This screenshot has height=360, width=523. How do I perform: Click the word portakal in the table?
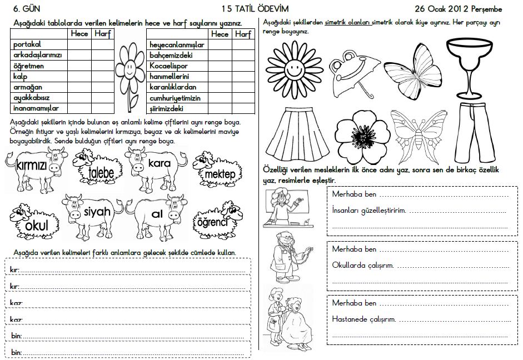point(27,44)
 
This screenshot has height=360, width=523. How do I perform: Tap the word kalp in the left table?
point(20,77)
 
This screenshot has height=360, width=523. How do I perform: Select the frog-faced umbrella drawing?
point(351,73)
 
